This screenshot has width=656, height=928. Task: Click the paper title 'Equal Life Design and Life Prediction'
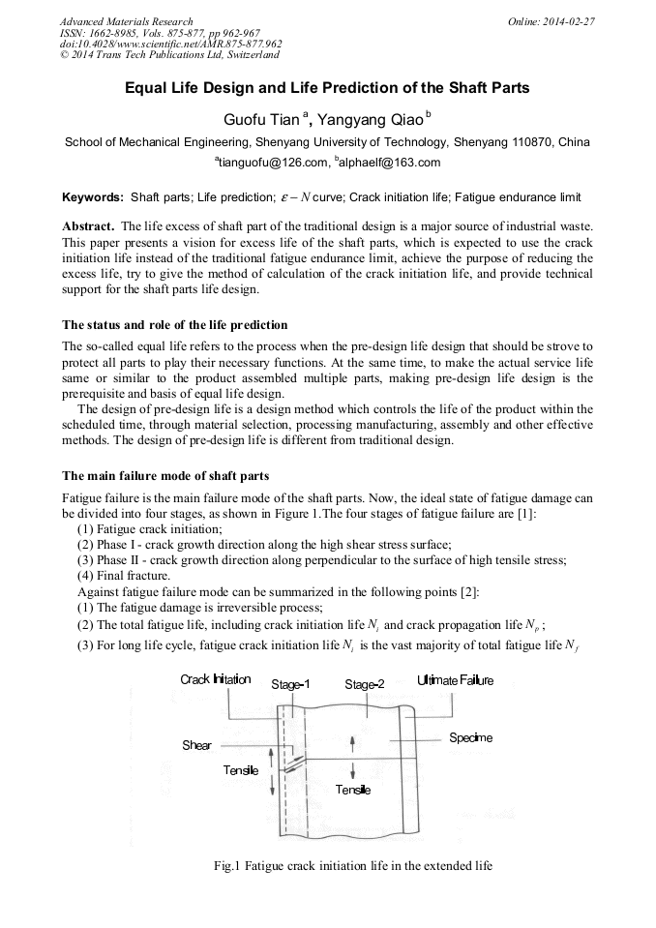[x=327, y=88]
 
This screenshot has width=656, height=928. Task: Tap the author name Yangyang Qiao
[x=371, y=119]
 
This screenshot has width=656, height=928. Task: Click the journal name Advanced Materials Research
[x=126, y=21]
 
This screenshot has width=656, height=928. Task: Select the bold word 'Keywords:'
[x=93, y=197]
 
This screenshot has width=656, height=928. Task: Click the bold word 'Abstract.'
[x=89, y=225]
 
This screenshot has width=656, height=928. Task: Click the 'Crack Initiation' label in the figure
[x=215, y=680]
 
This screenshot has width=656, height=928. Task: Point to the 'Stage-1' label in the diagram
[x=290, y=685]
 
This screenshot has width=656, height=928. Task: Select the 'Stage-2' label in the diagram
[x=364, y=685]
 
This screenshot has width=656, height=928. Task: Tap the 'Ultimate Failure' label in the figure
[x=455, y=680]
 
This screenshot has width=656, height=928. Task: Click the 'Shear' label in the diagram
[x=196, y=746]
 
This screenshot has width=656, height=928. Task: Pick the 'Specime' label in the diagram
[x=470, y=738]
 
